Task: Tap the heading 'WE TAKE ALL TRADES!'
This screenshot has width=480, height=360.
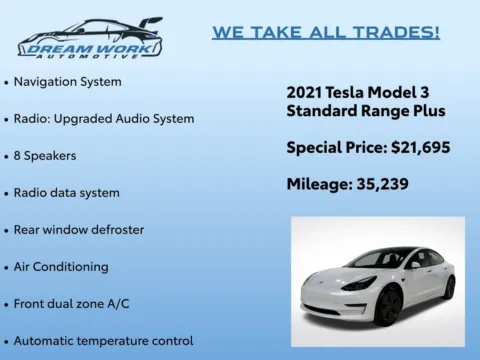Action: pyautogui.click(x=325, y=32)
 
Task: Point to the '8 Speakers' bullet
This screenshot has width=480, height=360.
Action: pyautogui.click(x=45, y=155)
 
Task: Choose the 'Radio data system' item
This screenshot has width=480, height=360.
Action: pyautogui.click(x=66, y=192)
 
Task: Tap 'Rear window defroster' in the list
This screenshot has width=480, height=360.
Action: pyautogui.click(x=78, y=229)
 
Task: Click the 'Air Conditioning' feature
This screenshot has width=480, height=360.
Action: pyautogui.click(x=61, y=266)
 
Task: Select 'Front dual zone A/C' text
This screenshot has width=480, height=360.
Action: pyautogui.click(x=73, y=303)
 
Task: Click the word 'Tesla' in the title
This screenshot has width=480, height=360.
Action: pyautogui.click(x=354, y=91)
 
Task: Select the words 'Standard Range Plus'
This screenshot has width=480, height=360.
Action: pyautogui.click(x=365, y=110)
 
